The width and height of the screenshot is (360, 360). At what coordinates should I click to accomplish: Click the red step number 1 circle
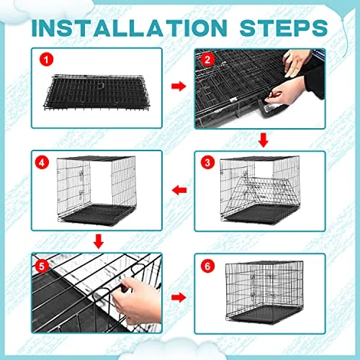coord(46,60)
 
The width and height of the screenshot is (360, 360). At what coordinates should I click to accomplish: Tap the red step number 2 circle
coord(207,60)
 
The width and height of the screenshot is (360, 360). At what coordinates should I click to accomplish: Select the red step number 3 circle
coord(207,163)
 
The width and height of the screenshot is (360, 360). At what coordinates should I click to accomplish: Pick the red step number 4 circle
coord(42,163)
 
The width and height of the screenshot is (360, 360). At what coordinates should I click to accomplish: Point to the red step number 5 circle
coord(42,266)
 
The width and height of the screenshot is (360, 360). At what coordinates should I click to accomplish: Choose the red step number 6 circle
coord(207,266)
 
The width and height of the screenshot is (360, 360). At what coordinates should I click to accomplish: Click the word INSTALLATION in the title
coord(130,28)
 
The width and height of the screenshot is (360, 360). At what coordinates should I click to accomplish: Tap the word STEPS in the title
coord(284,28)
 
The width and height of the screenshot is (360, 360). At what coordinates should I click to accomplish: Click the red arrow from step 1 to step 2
coord(179,86)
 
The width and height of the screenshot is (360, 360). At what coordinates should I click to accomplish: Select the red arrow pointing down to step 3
coord(264,140)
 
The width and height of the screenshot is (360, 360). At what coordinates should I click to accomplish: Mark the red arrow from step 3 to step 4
coord(179,190)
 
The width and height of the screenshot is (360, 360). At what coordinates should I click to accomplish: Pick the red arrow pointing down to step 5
coord(99,242)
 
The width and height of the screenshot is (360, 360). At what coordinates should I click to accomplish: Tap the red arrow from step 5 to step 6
coord(179,297)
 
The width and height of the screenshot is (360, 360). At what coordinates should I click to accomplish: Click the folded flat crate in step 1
coord(96,92)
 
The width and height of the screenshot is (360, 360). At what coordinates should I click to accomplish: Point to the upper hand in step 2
coord(297,63)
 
